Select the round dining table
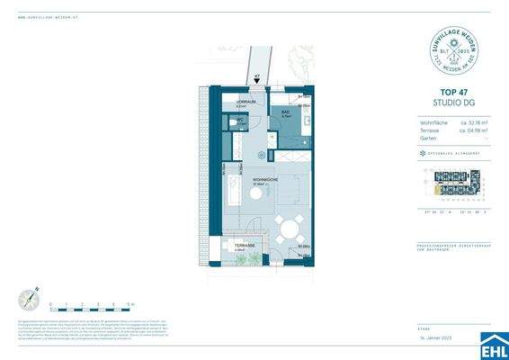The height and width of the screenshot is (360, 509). (289, 231)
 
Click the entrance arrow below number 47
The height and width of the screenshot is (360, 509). (257, 82)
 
